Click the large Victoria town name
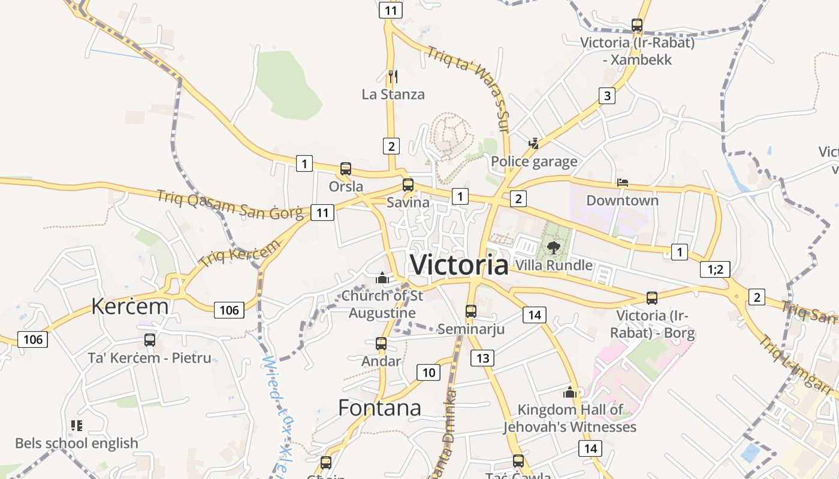click(459, 265)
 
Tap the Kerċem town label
click(129, 306)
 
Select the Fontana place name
click(379, 408)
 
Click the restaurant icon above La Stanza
click(393, 76)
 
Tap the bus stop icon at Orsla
click(346, 169)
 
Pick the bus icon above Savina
click(408, 184)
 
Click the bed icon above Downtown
click(623, 183)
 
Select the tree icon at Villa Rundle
click(553, 247)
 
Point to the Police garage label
click(534, 162)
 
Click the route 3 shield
click(607, 96)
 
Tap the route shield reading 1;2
click(715, 269)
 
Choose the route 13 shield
click(482, 358)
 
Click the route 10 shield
click(428, 372)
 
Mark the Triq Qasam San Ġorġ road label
click(231, 204)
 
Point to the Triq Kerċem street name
click(239, 254)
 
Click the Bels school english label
click(77, 444)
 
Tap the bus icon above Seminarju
click(471, 311)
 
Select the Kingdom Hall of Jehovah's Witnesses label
click(569, 419)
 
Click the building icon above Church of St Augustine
click(382, 278)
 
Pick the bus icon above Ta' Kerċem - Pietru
click(150, 340)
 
